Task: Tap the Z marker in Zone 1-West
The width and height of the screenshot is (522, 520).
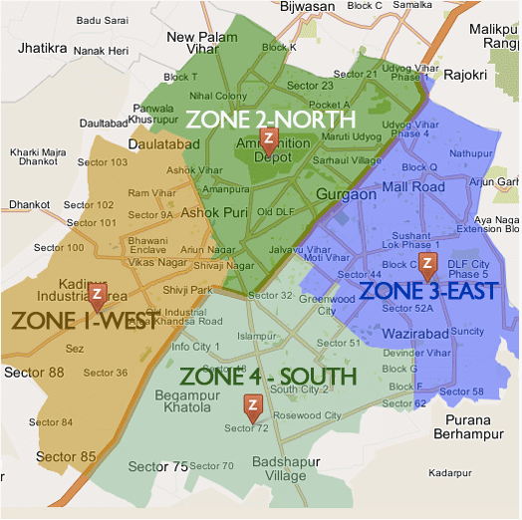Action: tap(97, 295)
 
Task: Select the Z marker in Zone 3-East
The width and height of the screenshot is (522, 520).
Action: tap(427, 264)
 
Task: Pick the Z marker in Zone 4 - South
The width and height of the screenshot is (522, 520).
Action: tap(253, 404)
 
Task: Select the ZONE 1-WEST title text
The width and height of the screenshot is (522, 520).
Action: tap(65, 320)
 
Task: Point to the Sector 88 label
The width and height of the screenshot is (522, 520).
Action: tap(34, 373)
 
